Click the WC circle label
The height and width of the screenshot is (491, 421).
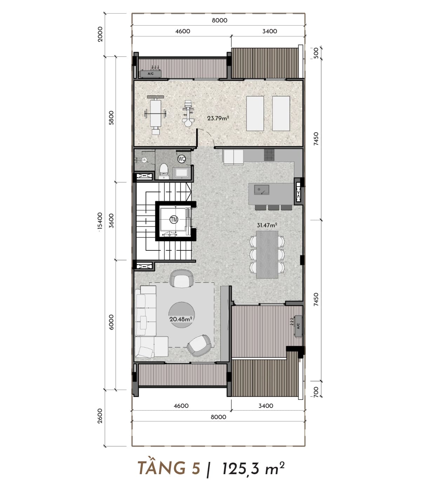(181, 159)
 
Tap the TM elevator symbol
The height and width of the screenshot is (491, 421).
(174, 219)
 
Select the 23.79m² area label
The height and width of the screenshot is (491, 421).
(218, 118)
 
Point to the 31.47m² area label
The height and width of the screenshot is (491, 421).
(267, 225)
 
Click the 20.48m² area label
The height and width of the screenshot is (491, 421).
(181, 319)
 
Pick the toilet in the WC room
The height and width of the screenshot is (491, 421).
(164, 171)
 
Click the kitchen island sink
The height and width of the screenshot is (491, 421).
(261, 190)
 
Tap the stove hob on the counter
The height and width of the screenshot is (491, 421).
(269, 155)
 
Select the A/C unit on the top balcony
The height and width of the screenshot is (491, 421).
(151, 74)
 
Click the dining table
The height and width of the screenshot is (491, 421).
(267, 254)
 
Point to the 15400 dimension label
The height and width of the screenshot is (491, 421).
(100, 222)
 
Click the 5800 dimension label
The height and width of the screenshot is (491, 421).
(111, 117)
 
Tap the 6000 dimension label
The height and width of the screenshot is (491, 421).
(111, 322)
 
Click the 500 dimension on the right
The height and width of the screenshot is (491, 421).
(316, 53)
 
